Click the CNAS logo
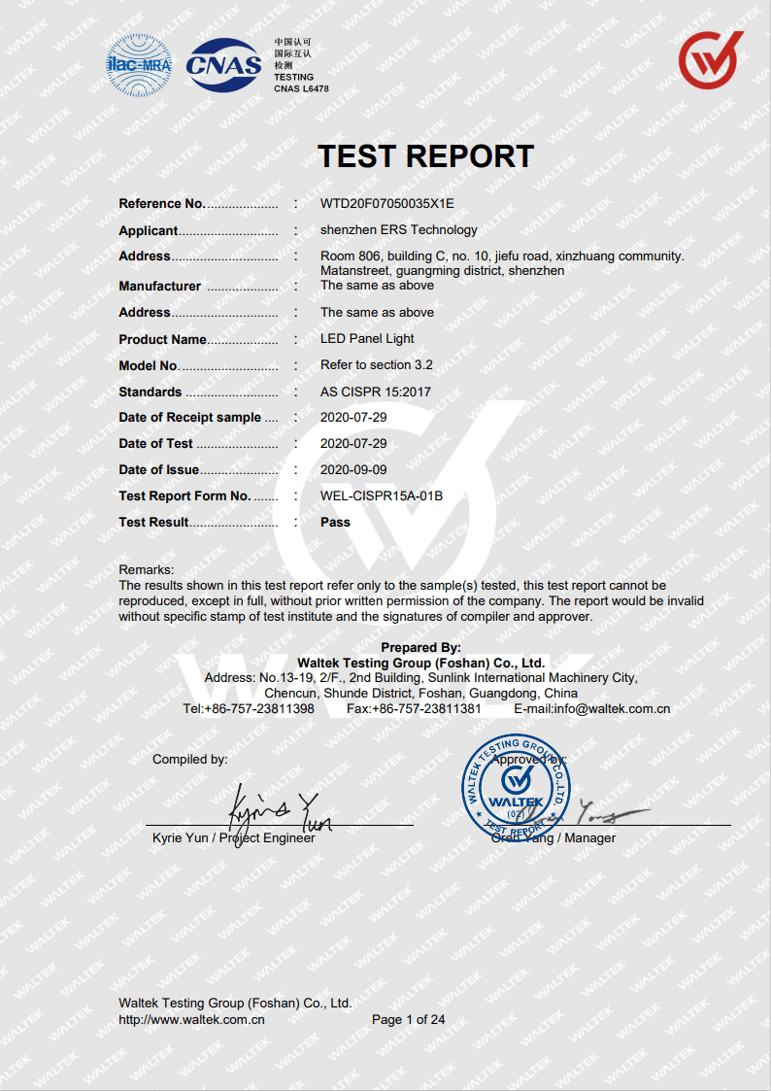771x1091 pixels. (x=223, y=65)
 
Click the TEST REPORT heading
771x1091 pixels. (x=425, y=156)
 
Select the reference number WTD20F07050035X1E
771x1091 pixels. (x=386, y=204)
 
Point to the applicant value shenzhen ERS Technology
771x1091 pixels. (x=398, y=230)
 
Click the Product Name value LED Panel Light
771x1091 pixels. (x=367, y=339)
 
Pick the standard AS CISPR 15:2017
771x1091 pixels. (x=375, y=392)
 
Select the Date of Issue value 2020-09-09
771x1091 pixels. (x=353, y=470)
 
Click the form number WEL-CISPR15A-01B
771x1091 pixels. (x=381, y=496)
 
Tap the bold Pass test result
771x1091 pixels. (x=335, y=523)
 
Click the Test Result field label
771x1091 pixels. (x=153, y=523)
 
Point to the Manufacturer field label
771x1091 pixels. (x=159, y=287)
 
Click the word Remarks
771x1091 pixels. (x=146, y=569)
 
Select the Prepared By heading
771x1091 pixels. (x=420, y=648)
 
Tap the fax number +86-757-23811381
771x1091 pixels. (x=427, y=709)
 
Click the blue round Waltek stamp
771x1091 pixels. (x=516, y=786)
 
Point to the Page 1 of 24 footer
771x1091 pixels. (x=408, y=1020)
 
